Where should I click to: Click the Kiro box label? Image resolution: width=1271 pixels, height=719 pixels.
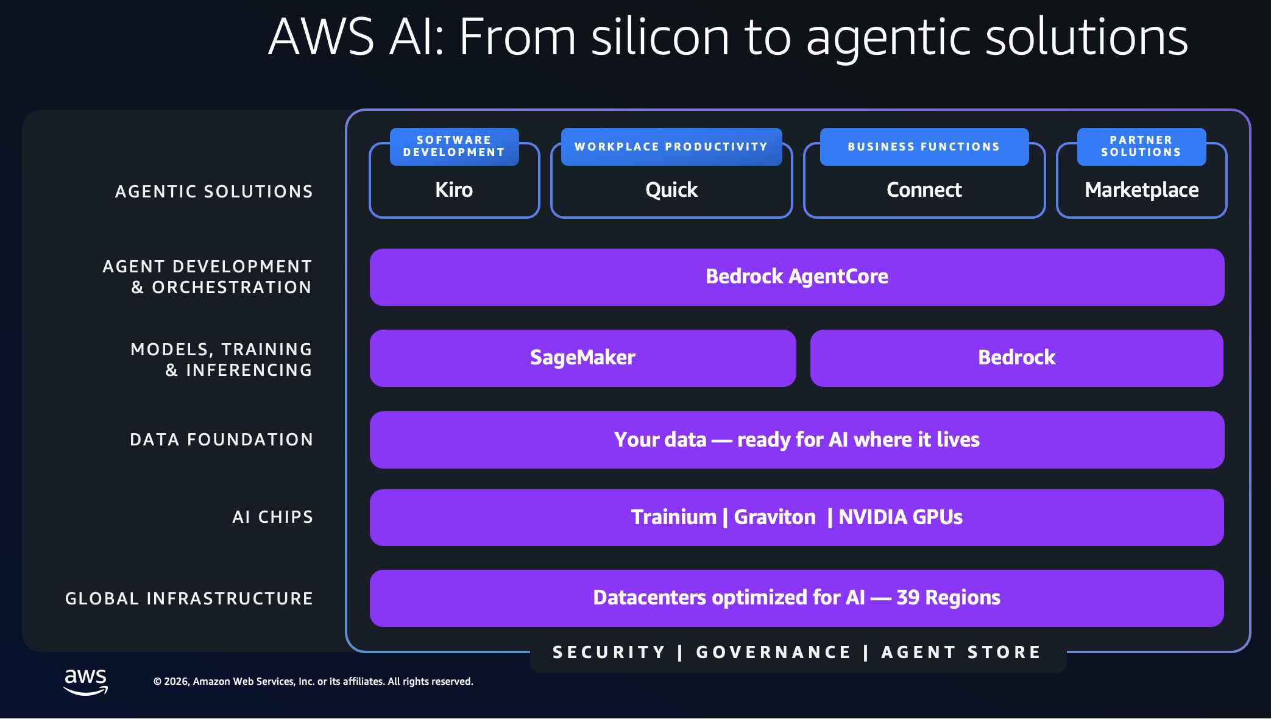(454, 190)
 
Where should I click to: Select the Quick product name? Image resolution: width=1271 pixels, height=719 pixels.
(671, 190)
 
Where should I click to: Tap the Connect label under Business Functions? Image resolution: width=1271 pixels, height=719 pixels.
(924, 190)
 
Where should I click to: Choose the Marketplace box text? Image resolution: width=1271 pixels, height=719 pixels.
(1142, 190)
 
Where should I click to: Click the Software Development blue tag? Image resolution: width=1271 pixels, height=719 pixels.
(455, 147)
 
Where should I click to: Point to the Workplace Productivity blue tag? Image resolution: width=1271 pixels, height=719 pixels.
(671, 147)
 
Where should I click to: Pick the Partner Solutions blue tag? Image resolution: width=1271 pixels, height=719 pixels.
(1142, 147)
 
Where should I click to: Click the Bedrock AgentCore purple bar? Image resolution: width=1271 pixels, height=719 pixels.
(797, 277)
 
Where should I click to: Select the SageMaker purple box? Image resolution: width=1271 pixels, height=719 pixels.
(583, 358)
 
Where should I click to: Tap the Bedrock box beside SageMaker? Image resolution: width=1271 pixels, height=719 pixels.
(1017, 358)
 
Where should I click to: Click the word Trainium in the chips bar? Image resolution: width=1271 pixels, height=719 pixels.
(674, 517)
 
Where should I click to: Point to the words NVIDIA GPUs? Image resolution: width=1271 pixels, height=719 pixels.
(901, 517)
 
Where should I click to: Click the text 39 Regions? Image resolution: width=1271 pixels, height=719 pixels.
(948, 598)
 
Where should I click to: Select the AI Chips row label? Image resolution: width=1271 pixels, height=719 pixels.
(273, 517)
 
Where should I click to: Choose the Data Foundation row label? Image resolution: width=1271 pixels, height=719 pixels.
(222, 440)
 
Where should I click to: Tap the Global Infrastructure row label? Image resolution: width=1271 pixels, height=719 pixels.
(189, 599)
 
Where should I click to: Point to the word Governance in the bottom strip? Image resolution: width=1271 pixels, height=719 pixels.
(774, 653)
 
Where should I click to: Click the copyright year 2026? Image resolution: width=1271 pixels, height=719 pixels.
(177, 682)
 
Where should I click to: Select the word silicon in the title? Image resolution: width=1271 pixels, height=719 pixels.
(660, 37)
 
